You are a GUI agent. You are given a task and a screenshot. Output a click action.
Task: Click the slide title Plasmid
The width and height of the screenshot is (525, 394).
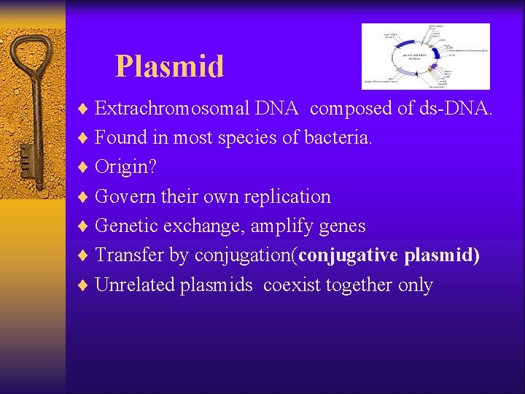(169, 66)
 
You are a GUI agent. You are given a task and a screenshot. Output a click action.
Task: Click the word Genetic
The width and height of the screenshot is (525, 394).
(128, 226)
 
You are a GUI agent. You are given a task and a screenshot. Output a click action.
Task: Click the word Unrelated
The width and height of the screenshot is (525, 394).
(139, 285)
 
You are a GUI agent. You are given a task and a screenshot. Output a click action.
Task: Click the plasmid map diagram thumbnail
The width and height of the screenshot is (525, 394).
(425, 56)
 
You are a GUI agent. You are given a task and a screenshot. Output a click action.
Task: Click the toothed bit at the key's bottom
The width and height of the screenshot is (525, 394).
(25, 157)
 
